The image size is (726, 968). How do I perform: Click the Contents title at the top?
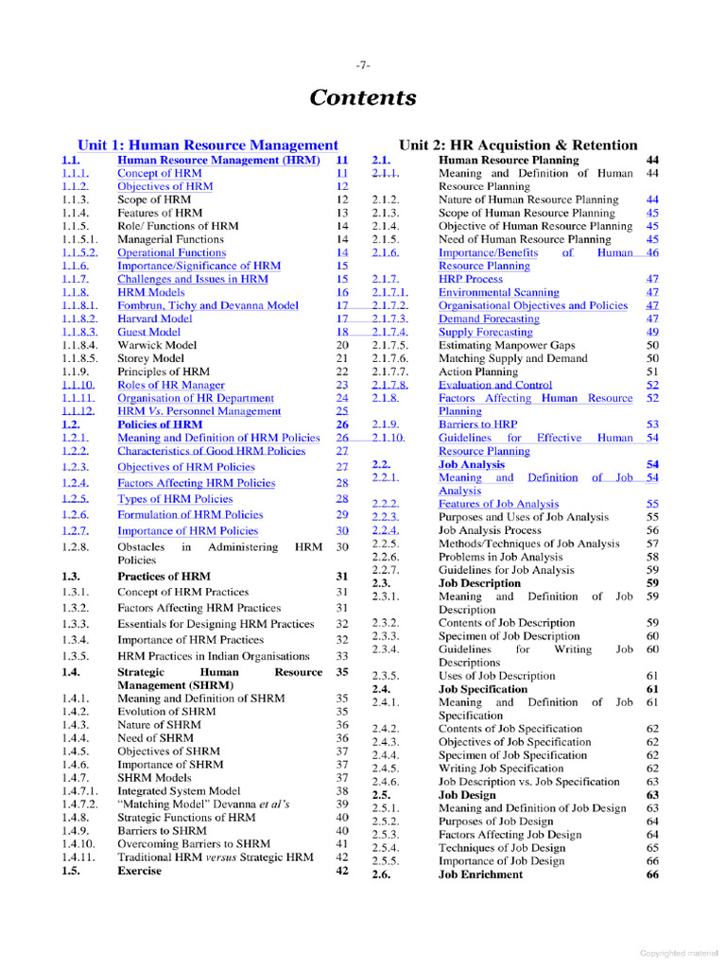coord(363,98)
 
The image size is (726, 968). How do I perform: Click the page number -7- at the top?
coord(363,65)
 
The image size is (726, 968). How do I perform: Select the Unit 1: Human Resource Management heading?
coord(207,145)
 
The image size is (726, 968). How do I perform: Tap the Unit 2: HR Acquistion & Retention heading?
coord(518,145)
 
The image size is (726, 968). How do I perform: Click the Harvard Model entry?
coord(154,319)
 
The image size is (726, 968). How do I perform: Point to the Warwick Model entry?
coord(155,345)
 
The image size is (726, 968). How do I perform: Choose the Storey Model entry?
coord(150,358)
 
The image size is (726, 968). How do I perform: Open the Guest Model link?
coord(148,332)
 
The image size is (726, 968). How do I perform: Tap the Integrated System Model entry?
coord(179,790)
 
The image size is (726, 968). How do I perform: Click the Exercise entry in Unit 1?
coord(139,871)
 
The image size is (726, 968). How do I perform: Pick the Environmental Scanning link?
coord(498,292)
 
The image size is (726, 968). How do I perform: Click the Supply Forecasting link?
coord(485,332)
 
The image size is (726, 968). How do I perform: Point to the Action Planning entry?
coord(477,372)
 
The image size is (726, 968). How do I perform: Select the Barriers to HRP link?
coord(477,424)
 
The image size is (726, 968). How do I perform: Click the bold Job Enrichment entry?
coord(480,874)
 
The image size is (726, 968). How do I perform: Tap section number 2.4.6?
coord(386,782)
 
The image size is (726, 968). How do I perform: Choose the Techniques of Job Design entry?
coord(501,848)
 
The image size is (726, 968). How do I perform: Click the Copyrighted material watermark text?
coord(678,953)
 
